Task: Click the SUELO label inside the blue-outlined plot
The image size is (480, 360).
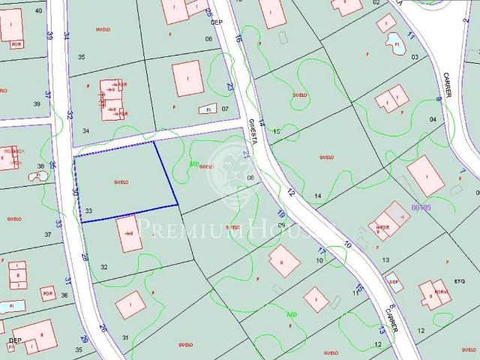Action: [x=121, y=182]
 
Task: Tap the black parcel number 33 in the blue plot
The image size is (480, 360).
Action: [x=88, y=212]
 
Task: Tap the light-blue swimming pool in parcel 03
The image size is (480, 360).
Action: [x=393, y=44]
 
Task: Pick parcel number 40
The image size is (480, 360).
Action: [x=38, y=10]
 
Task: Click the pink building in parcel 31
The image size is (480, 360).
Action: [x=130, y=304]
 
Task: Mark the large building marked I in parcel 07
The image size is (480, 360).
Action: [x=187, y=79]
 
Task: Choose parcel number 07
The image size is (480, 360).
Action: [x=224, y=109]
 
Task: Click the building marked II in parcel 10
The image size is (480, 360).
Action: [x=284, y=261]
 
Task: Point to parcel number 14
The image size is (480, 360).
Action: [x=318, y=196]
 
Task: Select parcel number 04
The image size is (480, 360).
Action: [x=432, y=119]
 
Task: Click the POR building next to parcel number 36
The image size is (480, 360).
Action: [x=49, y=292]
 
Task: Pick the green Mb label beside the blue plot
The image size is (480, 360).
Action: [x=193, y=163]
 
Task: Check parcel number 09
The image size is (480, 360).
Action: [x=281, y=225]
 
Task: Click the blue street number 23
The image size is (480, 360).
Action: [x=230, y=86]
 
